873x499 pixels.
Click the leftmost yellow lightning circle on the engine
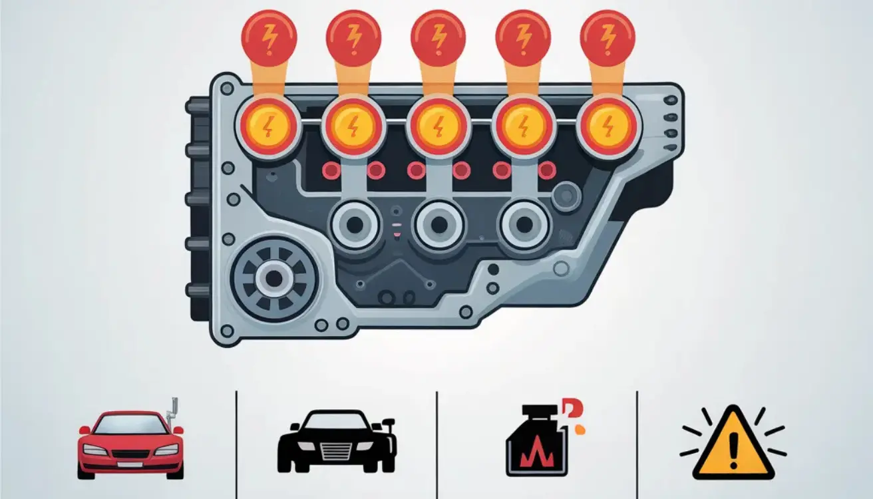(x=268, y=126)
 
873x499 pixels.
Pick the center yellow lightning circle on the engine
(x=438, y=126)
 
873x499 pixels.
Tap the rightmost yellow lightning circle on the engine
(x=608, y=126)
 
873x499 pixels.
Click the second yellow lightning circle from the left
(x=353, y=126)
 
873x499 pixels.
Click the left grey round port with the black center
(x=355, y=226)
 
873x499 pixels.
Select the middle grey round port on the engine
(x=440, y=226)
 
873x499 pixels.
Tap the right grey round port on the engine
(x=524, y=226)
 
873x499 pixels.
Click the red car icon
(x=130, y=443)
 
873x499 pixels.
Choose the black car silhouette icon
(x=336, y=441)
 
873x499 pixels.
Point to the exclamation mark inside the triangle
(x=733, y=451)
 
